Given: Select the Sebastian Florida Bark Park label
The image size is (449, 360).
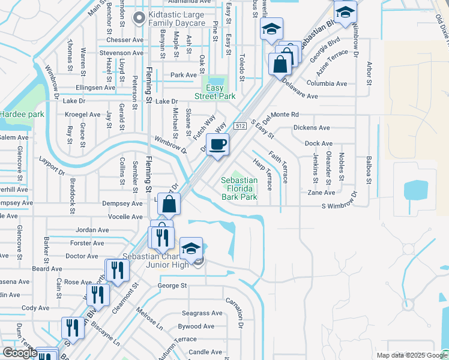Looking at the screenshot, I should point(239,188).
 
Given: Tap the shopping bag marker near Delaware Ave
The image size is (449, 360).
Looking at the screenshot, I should point(280,63).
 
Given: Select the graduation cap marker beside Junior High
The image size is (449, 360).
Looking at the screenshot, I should point(191,248).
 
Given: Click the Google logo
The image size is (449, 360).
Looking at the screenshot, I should point(19,353).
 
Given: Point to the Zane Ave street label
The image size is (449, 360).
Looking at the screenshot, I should point(321,193).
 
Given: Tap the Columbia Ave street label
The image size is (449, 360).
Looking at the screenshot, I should point(327,83).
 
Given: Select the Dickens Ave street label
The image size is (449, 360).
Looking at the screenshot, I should point(312,128).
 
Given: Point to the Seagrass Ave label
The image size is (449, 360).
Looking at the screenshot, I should point(202,313).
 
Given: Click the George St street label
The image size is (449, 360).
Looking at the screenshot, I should point(172,286).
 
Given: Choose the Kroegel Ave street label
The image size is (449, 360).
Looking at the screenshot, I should point(83,114).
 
